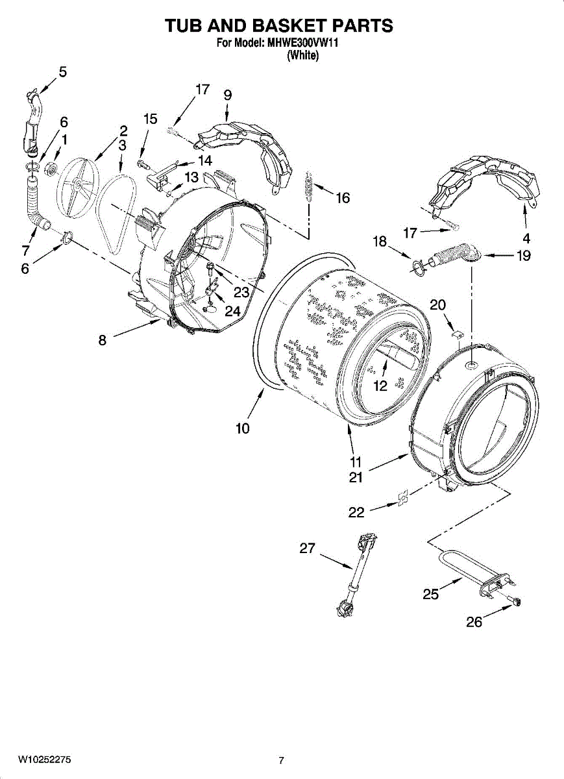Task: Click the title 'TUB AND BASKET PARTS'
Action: pyautogui.click(x=279, y=26)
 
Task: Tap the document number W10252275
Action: pyautogui.click(x=45, y=760)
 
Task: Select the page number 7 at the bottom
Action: pyautogui.click(x=281, y=760)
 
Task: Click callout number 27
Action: pyautogui.click(x=307, y=549)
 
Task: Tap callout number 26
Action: pyautogui.click(x=474, y=622)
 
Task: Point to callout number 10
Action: pyautogui.click(x=242, y=428)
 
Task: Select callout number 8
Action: pyautogui.click(x=103, y=340)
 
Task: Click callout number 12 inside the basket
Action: pyautogui.click(x=380, y=386)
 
